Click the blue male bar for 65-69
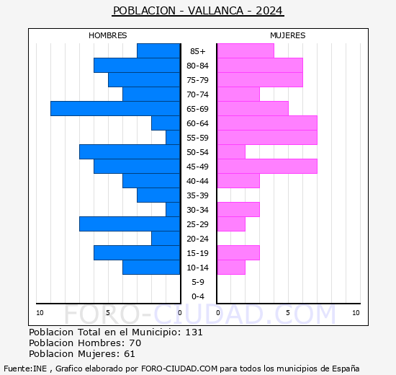115,108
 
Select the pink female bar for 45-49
266,166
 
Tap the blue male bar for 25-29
130,224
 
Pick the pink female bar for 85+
245,50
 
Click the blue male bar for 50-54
130,151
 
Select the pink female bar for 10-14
230,267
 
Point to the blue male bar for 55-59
173,137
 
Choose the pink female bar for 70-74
238,94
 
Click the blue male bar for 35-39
158,195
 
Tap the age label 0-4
198,296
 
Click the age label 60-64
198,123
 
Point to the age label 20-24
198,239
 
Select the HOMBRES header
108,35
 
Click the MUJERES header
287,35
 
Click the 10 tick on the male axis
40,312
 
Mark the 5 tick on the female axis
288,312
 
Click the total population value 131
194,332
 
